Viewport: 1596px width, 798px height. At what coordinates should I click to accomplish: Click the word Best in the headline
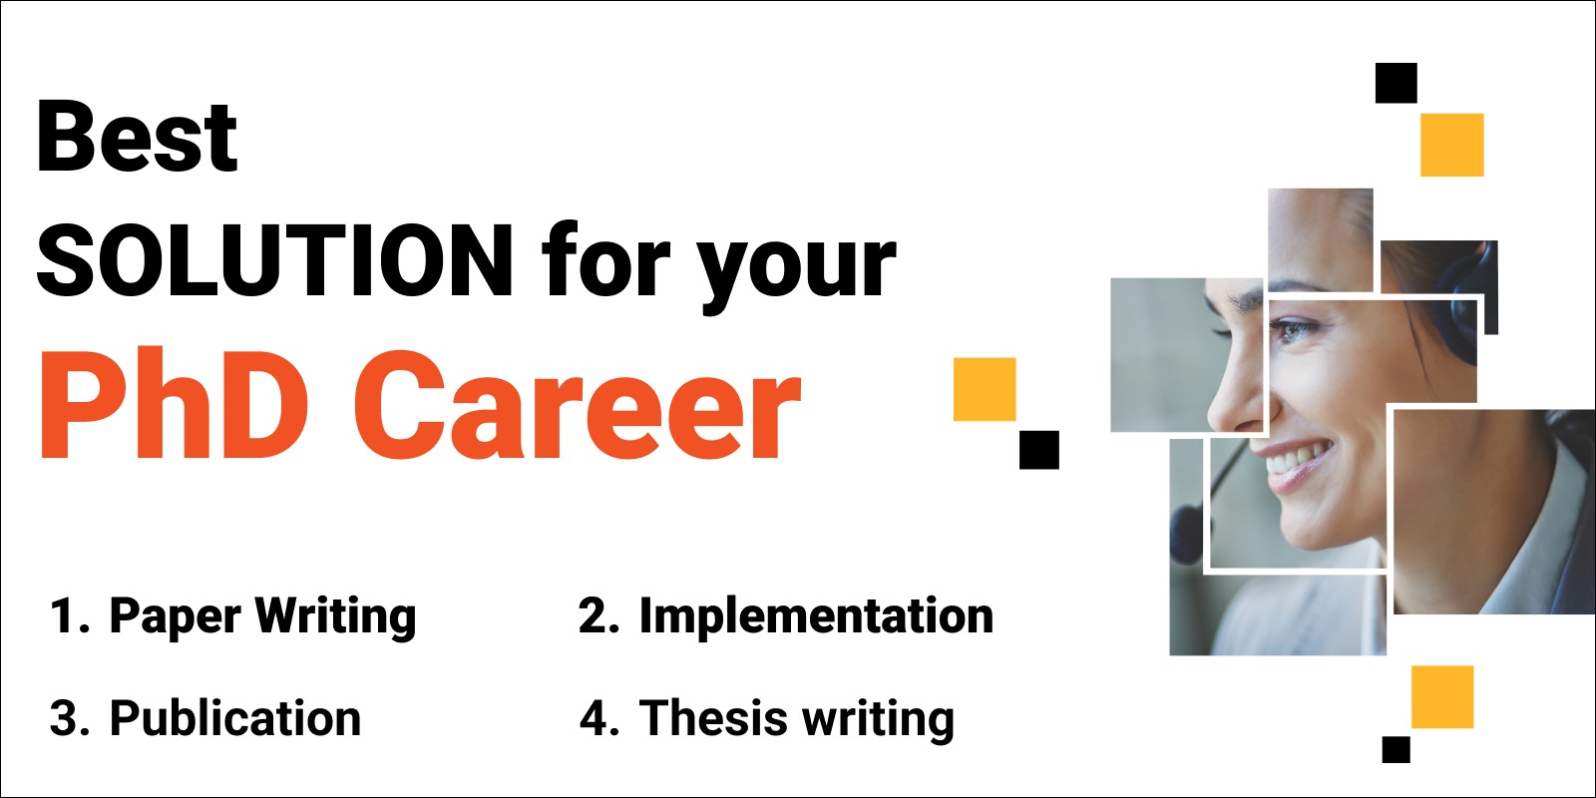coord(137,136)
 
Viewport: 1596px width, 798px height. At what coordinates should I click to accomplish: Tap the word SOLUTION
coord(275,259)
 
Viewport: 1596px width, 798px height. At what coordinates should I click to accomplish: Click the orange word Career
coord(578,405)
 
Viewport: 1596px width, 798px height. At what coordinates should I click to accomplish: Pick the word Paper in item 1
coord(176,617)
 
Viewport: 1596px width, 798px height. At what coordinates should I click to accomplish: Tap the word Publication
coord(235,717)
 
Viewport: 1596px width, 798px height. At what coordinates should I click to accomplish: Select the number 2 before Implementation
coord(594,615)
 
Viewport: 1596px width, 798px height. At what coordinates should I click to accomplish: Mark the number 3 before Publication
coord(64,717)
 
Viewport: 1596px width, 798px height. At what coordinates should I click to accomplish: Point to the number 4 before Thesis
coord(595,717)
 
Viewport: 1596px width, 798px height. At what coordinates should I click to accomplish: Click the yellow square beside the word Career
coord(985,389)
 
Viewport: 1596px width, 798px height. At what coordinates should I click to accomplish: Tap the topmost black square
coord(1396,84)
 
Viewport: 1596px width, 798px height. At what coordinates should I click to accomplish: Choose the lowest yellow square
coord(1442,697)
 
